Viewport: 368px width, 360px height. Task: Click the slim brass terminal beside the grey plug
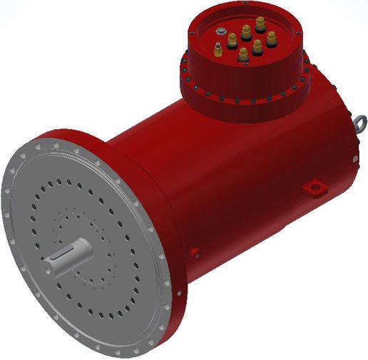218,51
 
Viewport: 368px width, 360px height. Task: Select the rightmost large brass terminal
271,36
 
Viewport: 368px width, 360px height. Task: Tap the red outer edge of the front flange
178,285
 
